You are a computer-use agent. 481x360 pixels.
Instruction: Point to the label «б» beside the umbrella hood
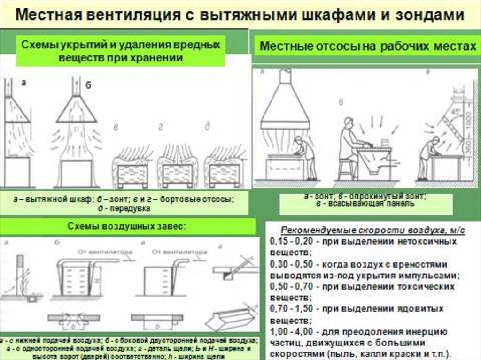[x=87, y=85]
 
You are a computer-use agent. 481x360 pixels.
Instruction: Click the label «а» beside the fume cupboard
[x=23, y=83]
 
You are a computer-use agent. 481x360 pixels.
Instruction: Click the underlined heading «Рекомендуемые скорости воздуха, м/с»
[x=373, y=230]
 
